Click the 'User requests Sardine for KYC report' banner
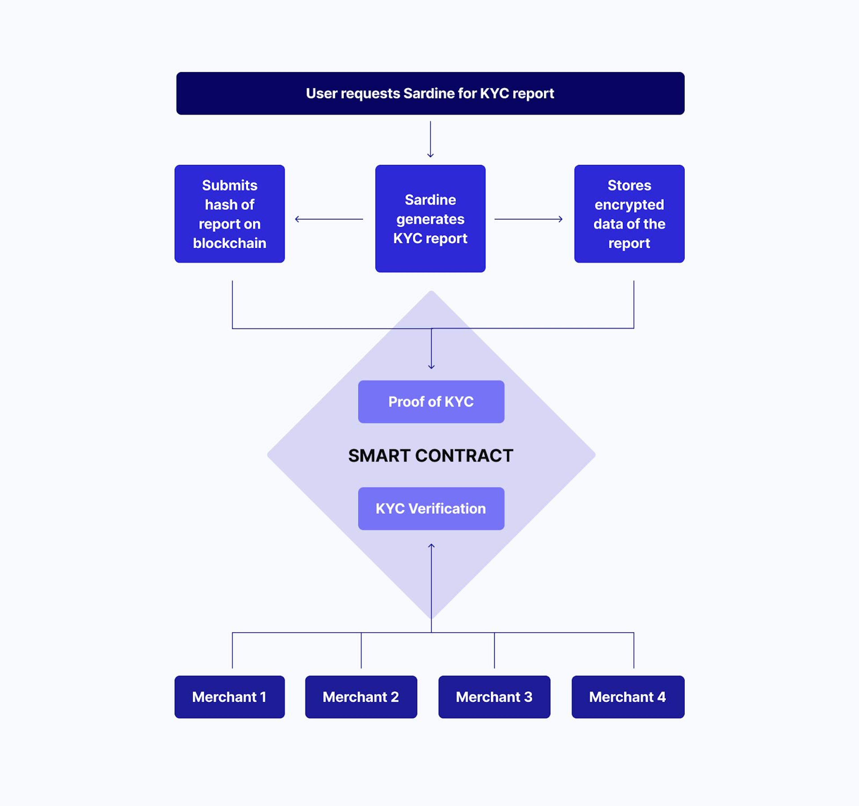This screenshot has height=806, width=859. (430, 93)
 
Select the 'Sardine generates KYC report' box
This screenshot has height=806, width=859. (430, 219)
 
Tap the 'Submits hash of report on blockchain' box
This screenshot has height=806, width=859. (230, 214)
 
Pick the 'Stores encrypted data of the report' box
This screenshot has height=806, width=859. (629, 214)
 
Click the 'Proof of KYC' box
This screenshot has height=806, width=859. (431, 402)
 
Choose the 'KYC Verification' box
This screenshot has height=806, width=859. (431, 508)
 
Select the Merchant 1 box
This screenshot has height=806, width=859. (230, 697)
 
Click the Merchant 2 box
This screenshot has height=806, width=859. (361, 697)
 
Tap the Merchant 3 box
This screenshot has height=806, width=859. (494, 697)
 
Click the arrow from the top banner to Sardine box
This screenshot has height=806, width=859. (430, 139)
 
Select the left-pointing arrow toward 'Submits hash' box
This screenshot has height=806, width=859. (328, 219)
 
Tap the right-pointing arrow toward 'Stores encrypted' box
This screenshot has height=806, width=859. (528, 219)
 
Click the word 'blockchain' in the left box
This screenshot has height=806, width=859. (230, 243)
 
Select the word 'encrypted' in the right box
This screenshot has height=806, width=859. (629, 205)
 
